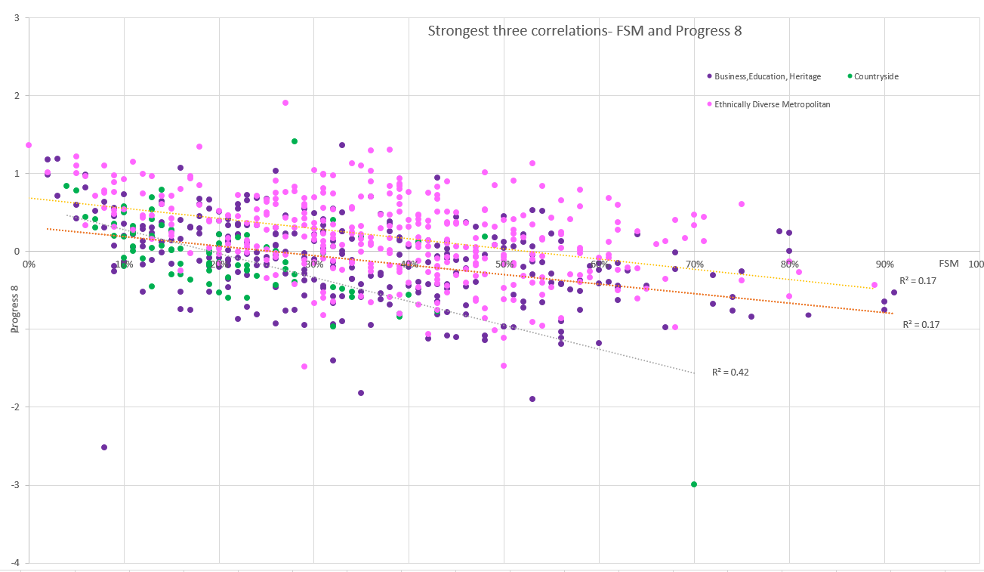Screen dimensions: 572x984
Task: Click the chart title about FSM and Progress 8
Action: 585,31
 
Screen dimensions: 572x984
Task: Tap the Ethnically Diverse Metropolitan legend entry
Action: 772,104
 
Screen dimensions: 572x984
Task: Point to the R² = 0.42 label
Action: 730,373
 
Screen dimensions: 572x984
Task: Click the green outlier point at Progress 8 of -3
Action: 694,484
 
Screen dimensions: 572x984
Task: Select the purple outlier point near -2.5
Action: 104,447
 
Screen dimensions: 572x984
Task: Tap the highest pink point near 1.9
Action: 285,103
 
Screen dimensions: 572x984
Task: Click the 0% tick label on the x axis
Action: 29,264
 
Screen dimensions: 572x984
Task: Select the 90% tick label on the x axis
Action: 884,264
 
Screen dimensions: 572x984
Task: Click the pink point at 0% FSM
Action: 29,145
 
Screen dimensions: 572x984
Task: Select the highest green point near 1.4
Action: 295,141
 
